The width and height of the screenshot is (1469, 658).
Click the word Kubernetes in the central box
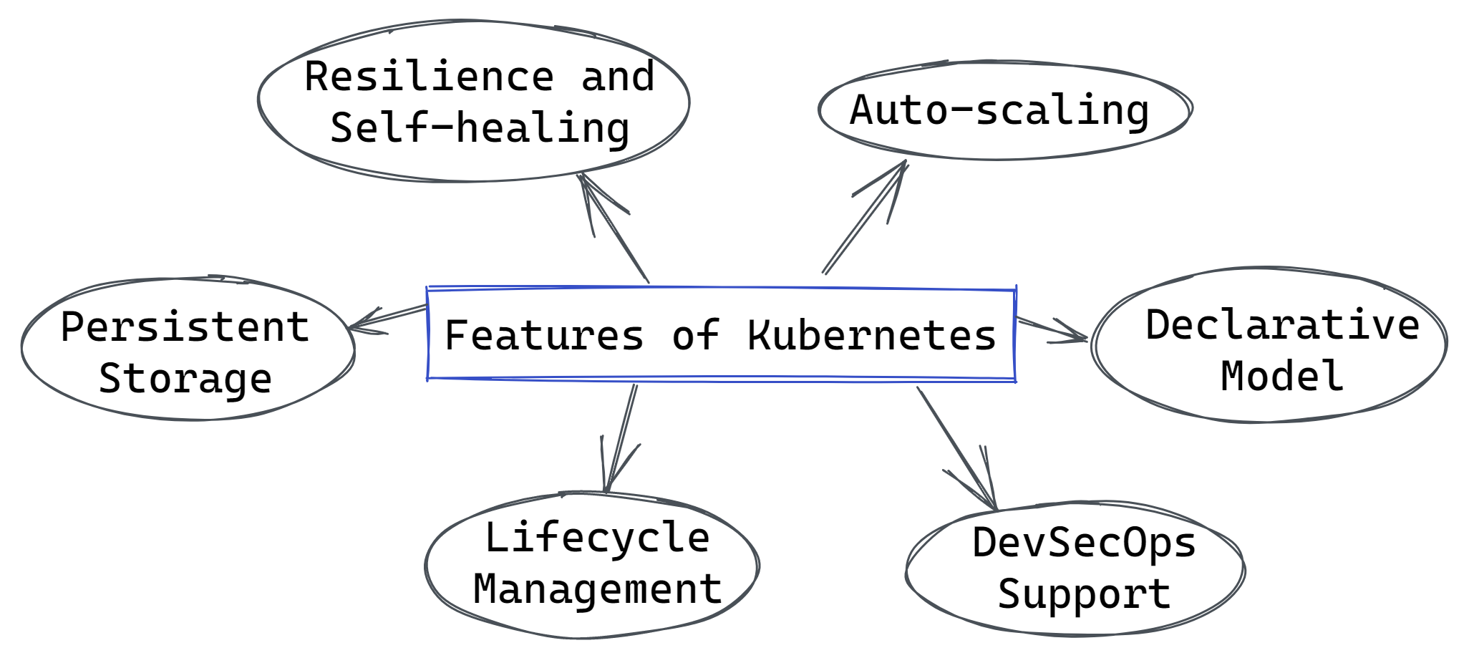coord(871,335)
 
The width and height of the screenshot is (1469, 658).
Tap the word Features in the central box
coord(544,335)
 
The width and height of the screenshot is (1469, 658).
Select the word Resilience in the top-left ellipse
coord(430,76)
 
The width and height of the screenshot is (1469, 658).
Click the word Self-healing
coord(480,129)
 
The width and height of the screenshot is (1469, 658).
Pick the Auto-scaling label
coord(999,111)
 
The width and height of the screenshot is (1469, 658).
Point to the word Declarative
coord(1283,324)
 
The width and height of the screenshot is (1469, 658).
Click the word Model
coord(1281,376)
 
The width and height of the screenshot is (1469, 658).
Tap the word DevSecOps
coord(1084,543)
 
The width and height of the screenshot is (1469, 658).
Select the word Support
coord(1084,594)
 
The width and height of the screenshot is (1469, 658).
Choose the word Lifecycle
coord(597,538)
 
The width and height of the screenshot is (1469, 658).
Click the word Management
coord(597,589)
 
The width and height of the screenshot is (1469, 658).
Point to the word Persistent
coord(185,327)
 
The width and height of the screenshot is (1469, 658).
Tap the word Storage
coord(185,379)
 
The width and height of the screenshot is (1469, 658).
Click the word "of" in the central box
coord(695,335)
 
